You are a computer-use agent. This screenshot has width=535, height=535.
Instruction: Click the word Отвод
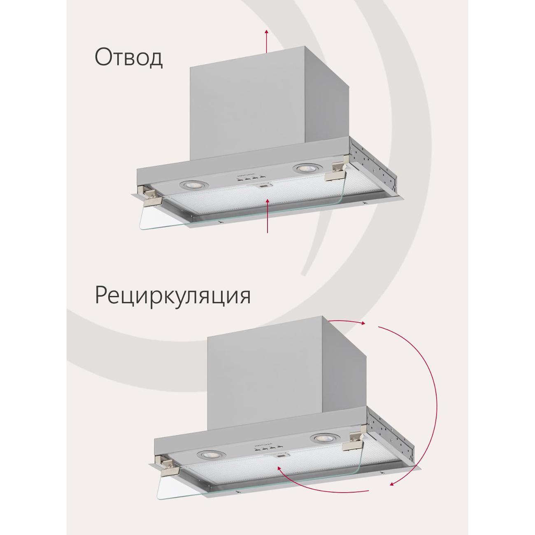[x=128, y=58]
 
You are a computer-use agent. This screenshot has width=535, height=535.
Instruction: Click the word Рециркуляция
[x=173, y=296]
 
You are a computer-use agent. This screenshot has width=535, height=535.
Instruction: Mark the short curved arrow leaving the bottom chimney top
[x=347, y=321]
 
